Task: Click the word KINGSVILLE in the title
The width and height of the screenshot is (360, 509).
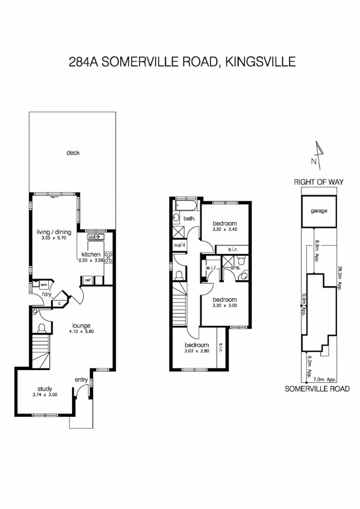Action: coord(260,63)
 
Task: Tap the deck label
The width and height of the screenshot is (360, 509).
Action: coord(73,153)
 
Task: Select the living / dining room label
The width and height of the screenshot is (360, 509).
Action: coord(54,232)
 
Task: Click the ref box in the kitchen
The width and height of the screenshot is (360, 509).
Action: coord(87,280)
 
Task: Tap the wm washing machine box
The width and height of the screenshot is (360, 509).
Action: coord(44,285)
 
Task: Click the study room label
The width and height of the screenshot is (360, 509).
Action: coord(45,389)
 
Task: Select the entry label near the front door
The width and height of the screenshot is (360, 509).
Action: coord(81,380)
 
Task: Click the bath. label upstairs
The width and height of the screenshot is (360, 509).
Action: coord(189,219)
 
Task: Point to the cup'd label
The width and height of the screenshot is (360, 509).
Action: coord(180,245)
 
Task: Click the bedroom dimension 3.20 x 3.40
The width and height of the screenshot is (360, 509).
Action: coord(225,230)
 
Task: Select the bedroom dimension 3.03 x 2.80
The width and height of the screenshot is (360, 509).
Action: coord(195,351)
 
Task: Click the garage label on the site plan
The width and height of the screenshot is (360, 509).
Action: coord(319,211)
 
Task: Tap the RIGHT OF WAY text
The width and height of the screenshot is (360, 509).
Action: coord(319,182)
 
